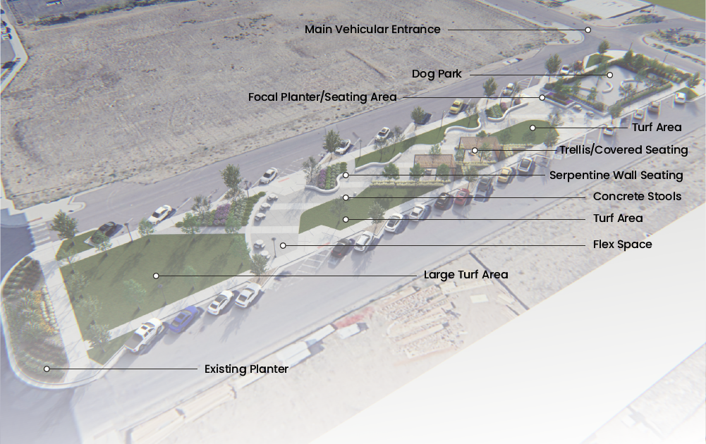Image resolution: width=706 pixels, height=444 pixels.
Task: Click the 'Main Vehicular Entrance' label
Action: click(372, 30)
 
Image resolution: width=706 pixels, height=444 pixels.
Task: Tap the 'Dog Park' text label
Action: click(437, 74)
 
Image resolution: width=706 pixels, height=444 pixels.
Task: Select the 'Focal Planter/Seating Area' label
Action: click(322, 97)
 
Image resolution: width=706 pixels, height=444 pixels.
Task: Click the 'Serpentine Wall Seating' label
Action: click(616, 175)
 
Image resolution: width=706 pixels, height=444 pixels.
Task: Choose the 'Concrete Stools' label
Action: click(637, 197)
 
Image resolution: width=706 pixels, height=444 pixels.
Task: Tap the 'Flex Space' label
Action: click(622, 245)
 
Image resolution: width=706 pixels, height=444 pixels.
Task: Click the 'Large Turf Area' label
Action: click(465, 275)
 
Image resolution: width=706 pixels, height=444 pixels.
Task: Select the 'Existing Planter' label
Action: click(246, 369)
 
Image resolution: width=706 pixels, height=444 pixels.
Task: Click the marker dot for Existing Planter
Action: click(47, 369)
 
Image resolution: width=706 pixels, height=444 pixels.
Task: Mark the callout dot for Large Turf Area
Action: click(156, 276)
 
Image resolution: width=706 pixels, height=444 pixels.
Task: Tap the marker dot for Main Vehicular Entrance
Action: click(588, 30)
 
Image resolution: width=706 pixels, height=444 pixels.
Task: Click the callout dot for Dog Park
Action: click(610, 74)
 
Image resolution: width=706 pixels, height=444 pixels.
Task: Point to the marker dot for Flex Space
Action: click(283, 245)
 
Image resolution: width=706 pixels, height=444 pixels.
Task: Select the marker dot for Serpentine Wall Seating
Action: click(346, 175)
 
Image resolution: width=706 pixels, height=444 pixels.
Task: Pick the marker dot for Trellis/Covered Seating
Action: click(475, 150)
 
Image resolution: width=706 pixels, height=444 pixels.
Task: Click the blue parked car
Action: click(183, 319)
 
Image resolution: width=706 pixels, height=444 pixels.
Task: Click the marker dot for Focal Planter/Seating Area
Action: click(542, 97)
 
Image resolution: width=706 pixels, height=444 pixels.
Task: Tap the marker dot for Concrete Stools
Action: click(346, 197)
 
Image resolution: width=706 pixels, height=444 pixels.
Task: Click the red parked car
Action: click(462, 197)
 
